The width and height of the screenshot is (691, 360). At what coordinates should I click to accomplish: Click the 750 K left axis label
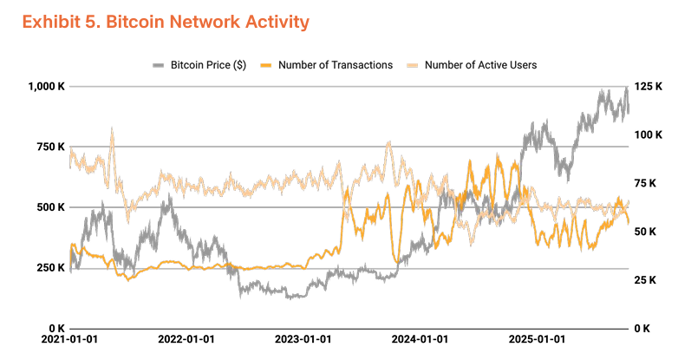click(x=50, y=147)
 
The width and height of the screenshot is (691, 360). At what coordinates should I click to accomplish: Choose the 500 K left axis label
click(x=50, y=207)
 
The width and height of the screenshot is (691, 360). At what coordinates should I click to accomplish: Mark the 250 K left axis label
click(x=50, y=268)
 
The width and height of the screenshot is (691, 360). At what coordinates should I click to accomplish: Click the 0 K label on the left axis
click(x=55, y=328)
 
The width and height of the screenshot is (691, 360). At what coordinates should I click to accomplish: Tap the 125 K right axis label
click(x=649, y=87)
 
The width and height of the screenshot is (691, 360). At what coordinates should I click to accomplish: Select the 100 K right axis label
click(x=649, y=135)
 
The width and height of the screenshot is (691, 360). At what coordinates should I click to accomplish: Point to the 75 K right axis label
click(x=646, y=183)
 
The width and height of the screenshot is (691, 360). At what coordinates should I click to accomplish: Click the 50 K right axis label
click(x=646, y=232)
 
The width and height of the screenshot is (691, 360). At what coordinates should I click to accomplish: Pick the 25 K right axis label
click(x=646, y=279)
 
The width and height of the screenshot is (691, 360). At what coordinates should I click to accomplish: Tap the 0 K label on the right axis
click(x=643, y=328)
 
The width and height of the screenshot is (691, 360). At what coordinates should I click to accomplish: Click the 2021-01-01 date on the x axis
click(x=68, y=341)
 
